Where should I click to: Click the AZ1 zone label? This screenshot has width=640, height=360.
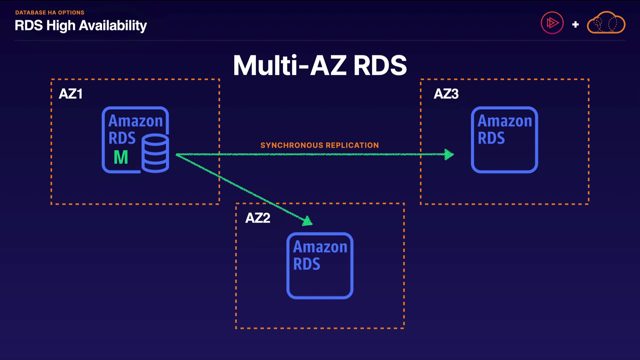coord(70,94)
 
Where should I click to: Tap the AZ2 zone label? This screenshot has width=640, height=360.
coord(258,218)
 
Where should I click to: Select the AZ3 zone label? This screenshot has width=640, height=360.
coord(446,94)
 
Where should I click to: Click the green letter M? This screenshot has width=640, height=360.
coord(121,157)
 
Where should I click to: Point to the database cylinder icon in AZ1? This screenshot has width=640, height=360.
coord(155,153)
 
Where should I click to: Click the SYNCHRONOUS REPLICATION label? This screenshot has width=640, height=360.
coord(319,145)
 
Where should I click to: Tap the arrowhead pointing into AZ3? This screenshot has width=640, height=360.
coord(449,154)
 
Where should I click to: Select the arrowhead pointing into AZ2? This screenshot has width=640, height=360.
coord(307,221)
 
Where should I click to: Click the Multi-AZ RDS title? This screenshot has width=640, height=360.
coord(320,65)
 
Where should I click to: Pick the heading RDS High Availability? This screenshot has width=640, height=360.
coord(81,26)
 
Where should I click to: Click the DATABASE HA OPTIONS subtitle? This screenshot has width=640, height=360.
coord(50,13)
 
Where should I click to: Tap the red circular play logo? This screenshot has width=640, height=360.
coord(552,23)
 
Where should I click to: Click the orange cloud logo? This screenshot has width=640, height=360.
coord(606,23)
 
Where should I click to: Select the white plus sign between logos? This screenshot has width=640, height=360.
coord(575,24)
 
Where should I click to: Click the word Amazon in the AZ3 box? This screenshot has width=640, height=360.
coord(505,121)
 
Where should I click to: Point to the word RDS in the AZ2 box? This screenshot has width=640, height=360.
coord(307,264)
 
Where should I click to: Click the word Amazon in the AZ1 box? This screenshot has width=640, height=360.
coord(135,121)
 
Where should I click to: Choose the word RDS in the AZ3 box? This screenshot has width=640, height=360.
coord(491,138)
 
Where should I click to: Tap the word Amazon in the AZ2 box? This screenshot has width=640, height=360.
coord(320,247)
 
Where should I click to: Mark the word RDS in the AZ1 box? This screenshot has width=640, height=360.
coord(122,138)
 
